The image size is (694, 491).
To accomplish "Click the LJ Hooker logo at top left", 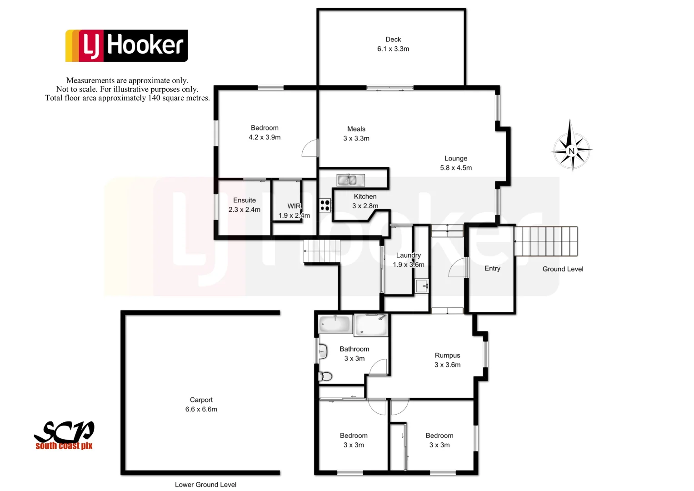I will pyautogui.click(x=127, y=45).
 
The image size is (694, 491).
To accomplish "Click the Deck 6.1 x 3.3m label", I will pyautogui.click(x=393, y=44).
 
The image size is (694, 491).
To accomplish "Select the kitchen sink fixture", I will pyautogui.click(x=350, y=180).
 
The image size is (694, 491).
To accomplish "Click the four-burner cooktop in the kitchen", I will pyautogui.click(x=325, y=205).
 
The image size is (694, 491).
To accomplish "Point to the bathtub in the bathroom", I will pyautogui.click(x=335, y=325).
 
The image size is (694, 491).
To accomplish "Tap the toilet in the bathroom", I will pyautogui.click(x=325, y=376).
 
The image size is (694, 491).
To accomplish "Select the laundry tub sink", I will pyautogui.click(x=422, y=286).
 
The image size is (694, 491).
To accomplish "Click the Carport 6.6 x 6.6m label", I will pyautogui.click(x=201, y=405).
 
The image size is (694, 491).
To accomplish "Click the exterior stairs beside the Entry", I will pyautogui.click(x=546, y=241).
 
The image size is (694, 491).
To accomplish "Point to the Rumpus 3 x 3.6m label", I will pyautogui.click(x=447, y=360).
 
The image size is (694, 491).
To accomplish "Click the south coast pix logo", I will pyautogui.click(x=64, y=436).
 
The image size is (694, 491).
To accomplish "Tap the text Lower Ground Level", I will pyautogui.click(x=205, y=485).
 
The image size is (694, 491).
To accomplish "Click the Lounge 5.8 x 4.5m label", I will pyautogui.click(x=456, y=163).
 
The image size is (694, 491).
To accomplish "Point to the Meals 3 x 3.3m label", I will pyautogui.click(x=356, y=134).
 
